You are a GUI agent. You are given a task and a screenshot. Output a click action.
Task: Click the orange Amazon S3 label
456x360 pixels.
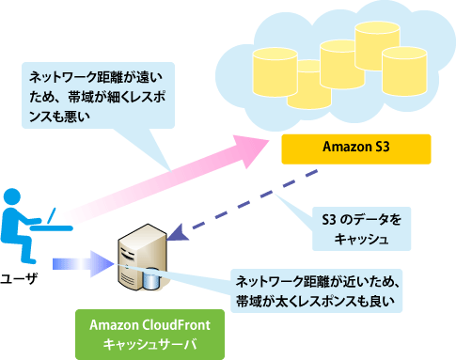tap(356, 149)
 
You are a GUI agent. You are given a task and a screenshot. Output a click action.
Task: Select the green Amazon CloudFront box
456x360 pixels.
tap(150, 335)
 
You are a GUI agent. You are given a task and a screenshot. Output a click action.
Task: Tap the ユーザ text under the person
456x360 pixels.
tap(21, 278)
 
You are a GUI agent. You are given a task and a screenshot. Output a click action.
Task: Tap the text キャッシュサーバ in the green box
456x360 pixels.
tap(150, 344)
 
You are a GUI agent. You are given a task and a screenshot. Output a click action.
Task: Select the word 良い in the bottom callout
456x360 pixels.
tap(381, 302)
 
